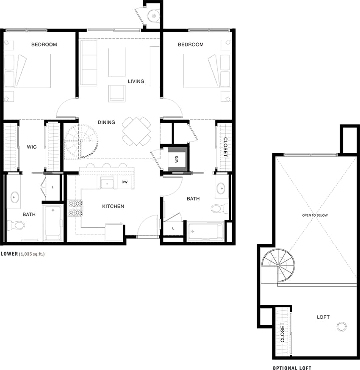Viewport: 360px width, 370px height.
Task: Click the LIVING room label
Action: [x=136, y=81]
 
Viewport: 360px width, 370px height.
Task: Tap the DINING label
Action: [x=106, y=122]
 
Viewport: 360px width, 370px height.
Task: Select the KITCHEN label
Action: [x=113, y=206]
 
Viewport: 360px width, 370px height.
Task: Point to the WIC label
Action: [x=32, y=147]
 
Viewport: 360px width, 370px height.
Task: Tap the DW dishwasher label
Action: [x=125, y=182]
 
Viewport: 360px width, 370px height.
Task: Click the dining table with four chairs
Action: [x=136, y=131]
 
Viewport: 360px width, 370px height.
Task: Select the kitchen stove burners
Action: [x=75, y=208]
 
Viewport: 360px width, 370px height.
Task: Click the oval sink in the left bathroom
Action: [x=15, y=197]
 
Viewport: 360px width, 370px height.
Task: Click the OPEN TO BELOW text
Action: [x=315, y=215]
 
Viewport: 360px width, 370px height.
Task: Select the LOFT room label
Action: [x=323, y=317]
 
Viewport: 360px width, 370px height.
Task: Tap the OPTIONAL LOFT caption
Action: [x=292, y=368]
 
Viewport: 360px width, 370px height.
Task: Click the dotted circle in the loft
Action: [x=341, y=326]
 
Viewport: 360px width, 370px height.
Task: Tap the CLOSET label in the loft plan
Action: [x=282, y=333]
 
